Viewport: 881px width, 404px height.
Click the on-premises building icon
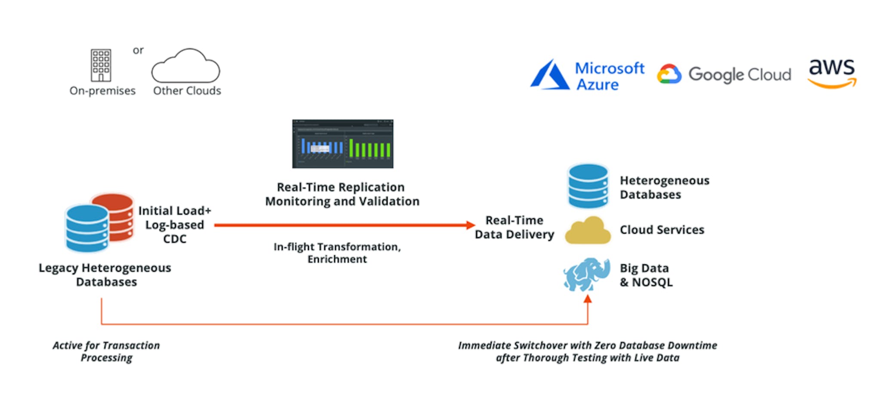click(x=101, y=65)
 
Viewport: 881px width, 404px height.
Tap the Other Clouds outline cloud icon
click(x=186, y=66)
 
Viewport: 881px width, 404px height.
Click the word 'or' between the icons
click(x=138, y=50)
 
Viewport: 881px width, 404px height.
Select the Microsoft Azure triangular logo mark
click(x=550, y=75)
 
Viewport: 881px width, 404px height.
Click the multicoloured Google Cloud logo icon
click(x=669, y=74)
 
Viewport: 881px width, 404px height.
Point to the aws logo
click(x=832, y=73)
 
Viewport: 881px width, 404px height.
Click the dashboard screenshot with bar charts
click(x=343, y=144)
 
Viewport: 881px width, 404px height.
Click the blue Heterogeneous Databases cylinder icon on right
click(x=588, y=186)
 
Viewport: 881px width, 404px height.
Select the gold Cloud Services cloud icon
click(x=588, y=231)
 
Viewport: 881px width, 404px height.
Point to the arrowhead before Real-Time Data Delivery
click(x=471, y=225)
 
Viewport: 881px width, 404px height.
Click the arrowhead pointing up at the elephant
click(x=588, y=299)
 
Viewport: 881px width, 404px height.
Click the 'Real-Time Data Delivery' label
click(x=514, y=227)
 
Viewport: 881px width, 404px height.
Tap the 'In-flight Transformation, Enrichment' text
click(x=337, y=253)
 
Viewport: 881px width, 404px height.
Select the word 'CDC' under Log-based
click(x=175, y=239)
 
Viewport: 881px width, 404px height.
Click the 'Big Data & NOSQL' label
click(x=646, y=275)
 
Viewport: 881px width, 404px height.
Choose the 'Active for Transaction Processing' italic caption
click(x=106, y=352)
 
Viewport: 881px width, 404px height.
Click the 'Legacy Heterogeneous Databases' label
click(x=105, y=275)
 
